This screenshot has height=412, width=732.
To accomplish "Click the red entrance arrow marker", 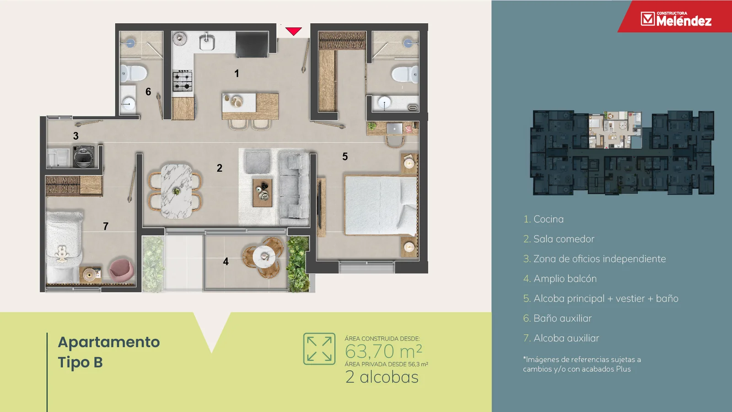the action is pyautogui.click(x=293, y=31).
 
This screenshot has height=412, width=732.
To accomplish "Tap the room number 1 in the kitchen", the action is pyautogui.click(x=237, y=74).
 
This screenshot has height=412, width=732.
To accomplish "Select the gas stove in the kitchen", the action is pyautogui.click(x=183, y=81).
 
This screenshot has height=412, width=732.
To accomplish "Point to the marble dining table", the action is pyautogui.click(x=177, y=191).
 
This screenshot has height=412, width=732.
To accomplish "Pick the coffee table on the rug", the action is pyautogui.click(x=263, y=193).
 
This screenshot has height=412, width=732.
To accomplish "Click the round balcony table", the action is pyautogui.click(x=264, y=257).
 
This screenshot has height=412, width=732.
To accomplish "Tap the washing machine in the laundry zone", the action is pyautogui.click(x=84, y=157).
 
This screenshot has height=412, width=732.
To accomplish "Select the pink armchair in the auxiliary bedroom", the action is pyautogui.click(x=122, y=270).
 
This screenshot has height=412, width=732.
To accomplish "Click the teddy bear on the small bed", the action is pyautogui.click(x=62, y=254).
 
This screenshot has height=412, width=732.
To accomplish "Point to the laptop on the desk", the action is pyautogui.click(x=394, y=129).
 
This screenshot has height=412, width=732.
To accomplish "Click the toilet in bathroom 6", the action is pyautogui.click(x=133, y=73).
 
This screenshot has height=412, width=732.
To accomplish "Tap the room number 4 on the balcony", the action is pyautogui.click(x=226, y=261).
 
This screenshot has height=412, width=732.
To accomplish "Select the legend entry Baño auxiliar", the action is pyautogui.click(x=557, y=318).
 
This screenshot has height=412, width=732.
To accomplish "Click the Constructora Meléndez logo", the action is pyautogui.click(x=676, y=19).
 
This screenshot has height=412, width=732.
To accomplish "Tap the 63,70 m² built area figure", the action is pyautogui.click(x=383, y=352).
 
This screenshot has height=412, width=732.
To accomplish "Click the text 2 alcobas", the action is pyautogui.click(x=382, y=377).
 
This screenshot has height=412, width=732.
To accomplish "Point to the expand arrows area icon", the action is pyautogui.click(x=319, y=349).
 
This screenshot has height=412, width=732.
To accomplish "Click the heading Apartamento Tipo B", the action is pyautogui.click(x=109, y=352).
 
